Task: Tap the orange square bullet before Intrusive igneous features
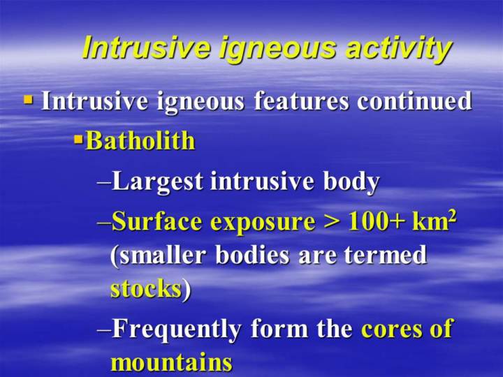28,99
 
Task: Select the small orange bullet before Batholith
78,140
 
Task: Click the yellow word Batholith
140,140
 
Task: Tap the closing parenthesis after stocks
187,290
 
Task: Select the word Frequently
177,329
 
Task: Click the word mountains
171,362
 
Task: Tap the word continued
414,101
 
